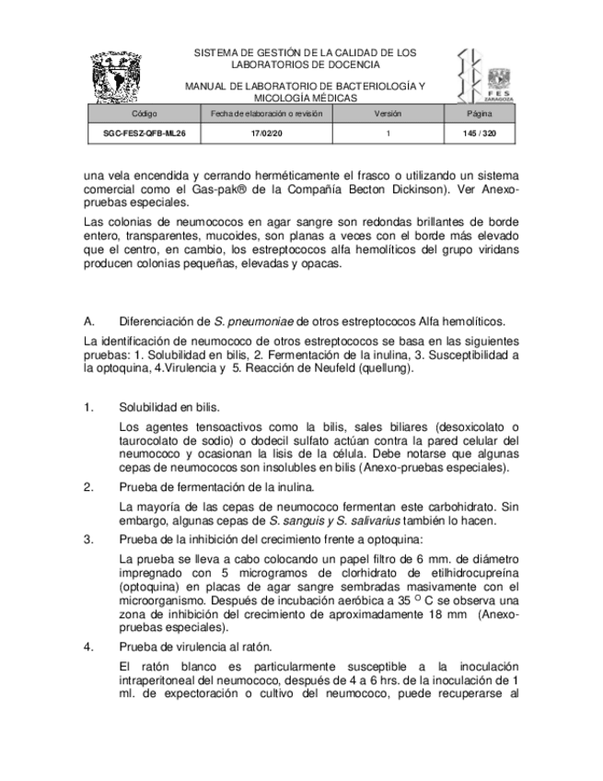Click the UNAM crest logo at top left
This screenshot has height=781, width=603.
117,77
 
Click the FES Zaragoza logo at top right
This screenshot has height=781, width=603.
485,76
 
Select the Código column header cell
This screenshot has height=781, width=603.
144,114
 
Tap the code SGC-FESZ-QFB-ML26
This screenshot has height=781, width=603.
144,134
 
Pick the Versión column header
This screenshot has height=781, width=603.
388,114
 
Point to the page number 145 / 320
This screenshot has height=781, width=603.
479,134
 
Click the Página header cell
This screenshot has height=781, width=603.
479,114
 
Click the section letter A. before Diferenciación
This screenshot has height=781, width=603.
89,321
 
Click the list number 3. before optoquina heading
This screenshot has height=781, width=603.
88,539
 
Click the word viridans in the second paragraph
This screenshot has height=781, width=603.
498,249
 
